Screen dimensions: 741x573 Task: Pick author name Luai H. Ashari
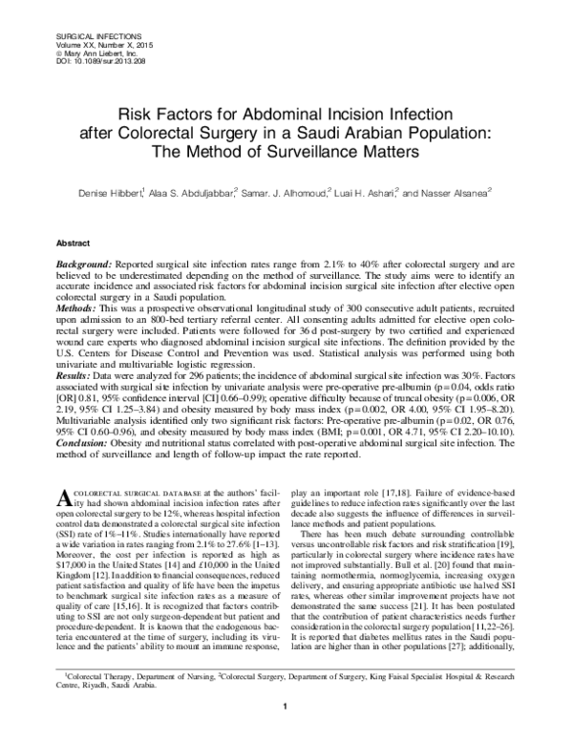tap(366, 193)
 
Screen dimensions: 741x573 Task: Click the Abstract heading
tap(74, 243)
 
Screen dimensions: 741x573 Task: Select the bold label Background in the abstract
tap(85, 262)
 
